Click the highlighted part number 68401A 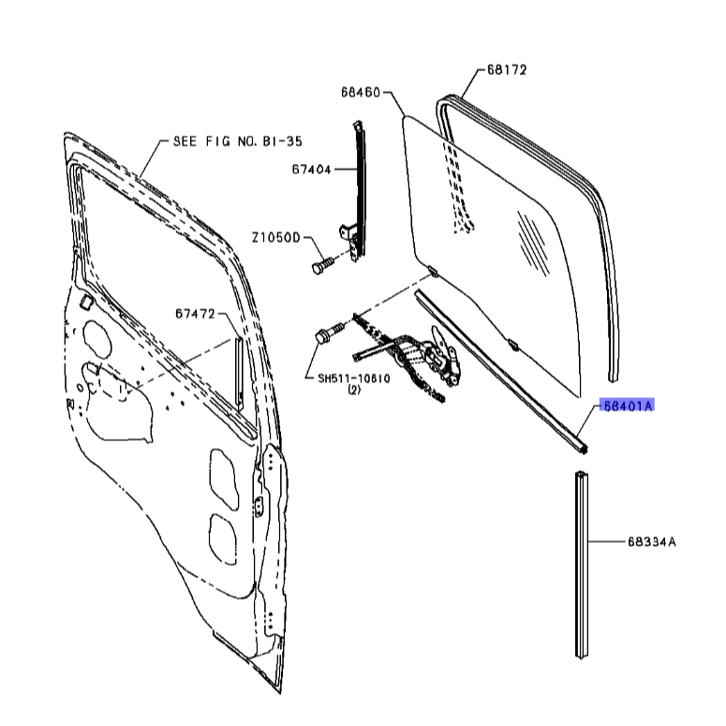click(x=628, y=406)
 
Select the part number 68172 click(x=507, y=70)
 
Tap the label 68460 click(x=361, y=92)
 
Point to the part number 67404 click(x=312, y=170)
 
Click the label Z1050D click(x=276, y=238)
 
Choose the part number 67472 click(x=196, y=314)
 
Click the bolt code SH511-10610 click(x=354, y=378)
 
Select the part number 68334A click(x=652, y=541)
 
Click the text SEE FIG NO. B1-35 click(x=238, y=141)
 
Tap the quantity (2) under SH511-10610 click(x=354, y=390)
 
